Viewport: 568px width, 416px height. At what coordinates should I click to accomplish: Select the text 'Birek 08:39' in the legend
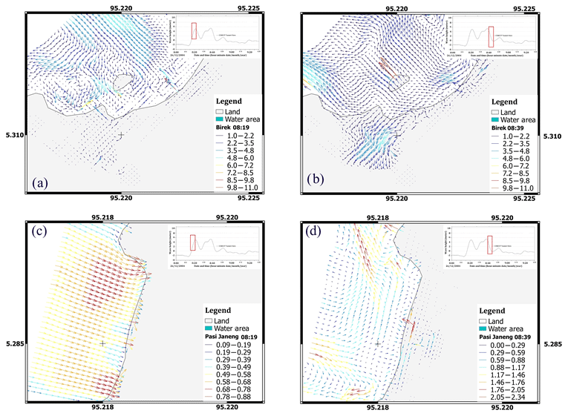(x=504, y=127)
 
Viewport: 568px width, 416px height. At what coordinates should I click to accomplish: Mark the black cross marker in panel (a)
(x=120, y=135)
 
